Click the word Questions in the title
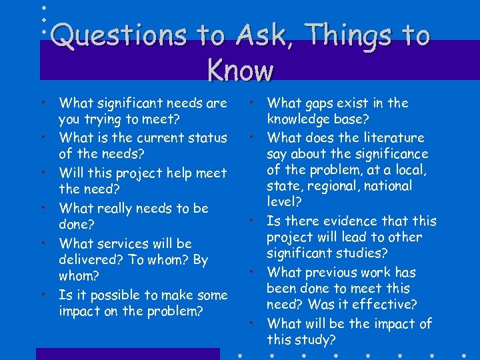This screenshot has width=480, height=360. point(118,35)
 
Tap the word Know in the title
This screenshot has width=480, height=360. point(240,69)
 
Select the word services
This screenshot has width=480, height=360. point(125,243)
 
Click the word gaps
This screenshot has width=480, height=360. point(323,103)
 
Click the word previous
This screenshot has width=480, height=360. point(333,272)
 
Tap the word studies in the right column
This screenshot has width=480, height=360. point(365,253)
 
